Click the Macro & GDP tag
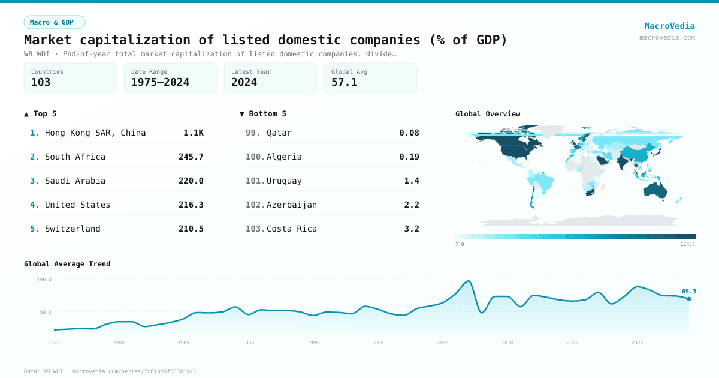point(55,22)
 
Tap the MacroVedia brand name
point(669,26)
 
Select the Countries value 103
point(41,82)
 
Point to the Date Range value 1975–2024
point(160,82)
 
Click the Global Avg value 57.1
point(344,82)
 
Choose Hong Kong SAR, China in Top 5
point(95,133)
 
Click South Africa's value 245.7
point(191,157)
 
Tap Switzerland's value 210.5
point(191,229)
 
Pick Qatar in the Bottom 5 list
point(279,133)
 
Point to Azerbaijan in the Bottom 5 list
point(292,205)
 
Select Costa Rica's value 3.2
point(412,229)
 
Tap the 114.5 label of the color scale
point(687,244)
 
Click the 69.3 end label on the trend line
point(688,292)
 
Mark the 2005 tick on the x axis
point(443,343)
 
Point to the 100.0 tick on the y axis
point(44,280)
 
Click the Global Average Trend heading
point(67,264)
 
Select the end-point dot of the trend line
point(689,299)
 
